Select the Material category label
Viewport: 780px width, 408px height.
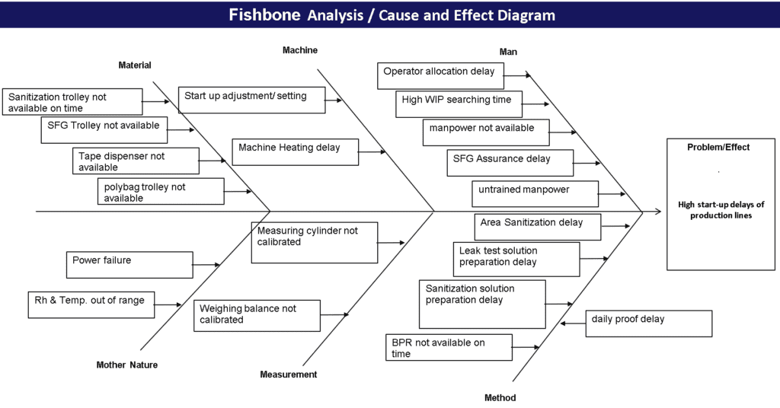135,65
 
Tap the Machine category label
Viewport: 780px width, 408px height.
300,50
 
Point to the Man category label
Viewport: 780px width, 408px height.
508,52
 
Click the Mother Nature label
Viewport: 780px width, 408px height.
127,365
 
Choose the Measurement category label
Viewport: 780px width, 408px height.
289,375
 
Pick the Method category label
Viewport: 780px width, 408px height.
500,398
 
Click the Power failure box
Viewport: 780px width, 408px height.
129,265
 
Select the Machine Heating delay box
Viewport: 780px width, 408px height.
295,151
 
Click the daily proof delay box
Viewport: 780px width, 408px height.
648,323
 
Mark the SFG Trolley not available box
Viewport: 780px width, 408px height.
104,129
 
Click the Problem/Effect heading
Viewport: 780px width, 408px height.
718,148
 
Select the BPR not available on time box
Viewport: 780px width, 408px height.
448,348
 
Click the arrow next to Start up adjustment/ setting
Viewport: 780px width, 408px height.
334,99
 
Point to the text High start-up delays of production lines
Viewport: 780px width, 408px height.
721,209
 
